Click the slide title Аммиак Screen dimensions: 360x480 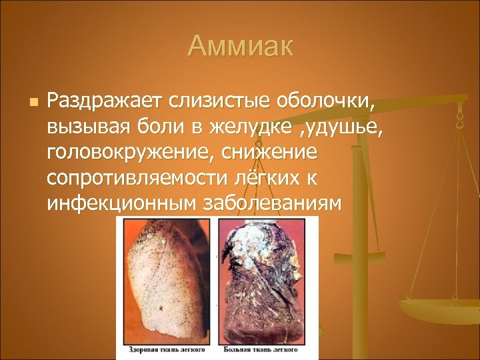tap(240, 46)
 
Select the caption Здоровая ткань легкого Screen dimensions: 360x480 tap(165, 349)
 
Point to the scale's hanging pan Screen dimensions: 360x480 tap(440, 309)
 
